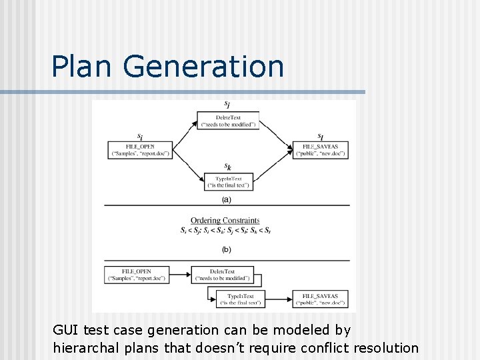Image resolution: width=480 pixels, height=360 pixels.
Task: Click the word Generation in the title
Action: point(204,67)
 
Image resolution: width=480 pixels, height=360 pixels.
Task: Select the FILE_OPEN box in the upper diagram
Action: point(139,150)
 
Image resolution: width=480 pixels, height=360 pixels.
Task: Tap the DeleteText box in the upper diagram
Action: point(229,120)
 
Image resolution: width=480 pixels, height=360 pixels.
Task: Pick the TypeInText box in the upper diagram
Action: point(229,181)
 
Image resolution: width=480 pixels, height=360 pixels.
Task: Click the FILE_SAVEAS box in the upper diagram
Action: point(320,150)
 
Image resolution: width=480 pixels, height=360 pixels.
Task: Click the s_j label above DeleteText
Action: point(228,105)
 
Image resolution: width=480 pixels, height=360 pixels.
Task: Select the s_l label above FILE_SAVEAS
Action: point(321,136)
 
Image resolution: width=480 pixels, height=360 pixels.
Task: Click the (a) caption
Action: point(227,199)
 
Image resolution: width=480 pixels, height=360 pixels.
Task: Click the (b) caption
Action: point(227,249)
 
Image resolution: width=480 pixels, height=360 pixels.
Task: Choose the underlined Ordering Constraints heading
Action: point(225,221)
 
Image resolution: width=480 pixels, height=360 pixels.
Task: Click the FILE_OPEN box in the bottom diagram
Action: point(137,275)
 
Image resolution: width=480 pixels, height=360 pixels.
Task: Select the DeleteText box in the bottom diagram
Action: point(223,275)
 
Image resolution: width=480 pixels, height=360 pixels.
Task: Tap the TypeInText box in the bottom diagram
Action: point(241,299)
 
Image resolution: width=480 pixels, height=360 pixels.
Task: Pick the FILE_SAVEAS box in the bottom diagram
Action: point(320,299)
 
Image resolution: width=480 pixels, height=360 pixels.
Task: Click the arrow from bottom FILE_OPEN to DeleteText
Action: point(180,275)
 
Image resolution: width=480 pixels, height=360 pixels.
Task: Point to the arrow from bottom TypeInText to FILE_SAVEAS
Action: point(278,299)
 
